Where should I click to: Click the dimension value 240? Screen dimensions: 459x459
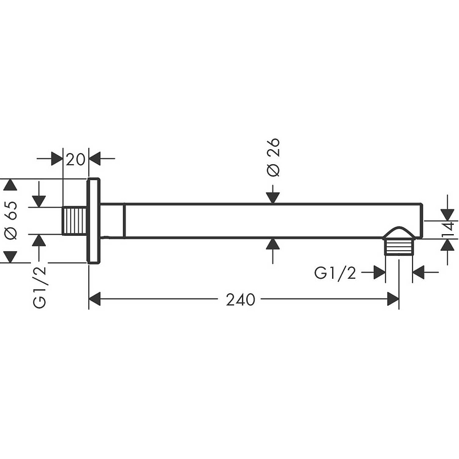240,299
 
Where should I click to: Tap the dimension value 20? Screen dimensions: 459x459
76,160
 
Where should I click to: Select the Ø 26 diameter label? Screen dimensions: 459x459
274,157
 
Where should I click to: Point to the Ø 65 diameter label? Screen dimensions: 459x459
11,220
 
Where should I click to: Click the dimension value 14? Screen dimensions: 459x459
448,229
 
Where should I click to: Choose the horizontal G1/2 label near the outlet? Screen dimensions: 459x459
335,274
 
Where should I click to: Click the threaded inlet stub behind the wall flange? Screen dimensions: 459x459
75,221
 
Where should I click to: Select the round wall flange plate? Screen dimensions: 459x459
94,221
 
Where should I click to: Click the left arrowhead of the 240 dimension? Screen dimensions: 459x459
95,299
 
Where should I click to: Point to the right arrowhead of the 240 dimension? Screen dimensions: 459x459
393,299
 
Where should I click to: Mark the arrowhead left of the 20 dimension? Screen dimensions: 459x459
57,159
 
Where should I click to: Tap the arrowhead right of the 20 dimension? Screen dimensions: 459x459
95,159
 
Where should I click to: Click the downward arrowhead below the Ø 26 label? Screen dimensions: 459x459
273,197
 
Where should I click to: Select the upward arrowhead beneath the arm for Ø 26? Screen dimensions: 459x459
273,244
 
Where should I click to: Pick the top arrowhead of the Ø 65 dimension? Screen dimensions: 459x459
11,185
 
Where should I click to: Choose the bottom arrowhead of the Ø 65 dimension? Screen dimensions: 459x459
11,256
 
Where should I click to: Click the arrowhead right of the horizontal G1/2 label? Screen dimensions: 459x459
419,272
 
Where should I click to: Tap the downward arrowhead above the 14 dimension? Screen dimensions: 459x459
448,215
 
